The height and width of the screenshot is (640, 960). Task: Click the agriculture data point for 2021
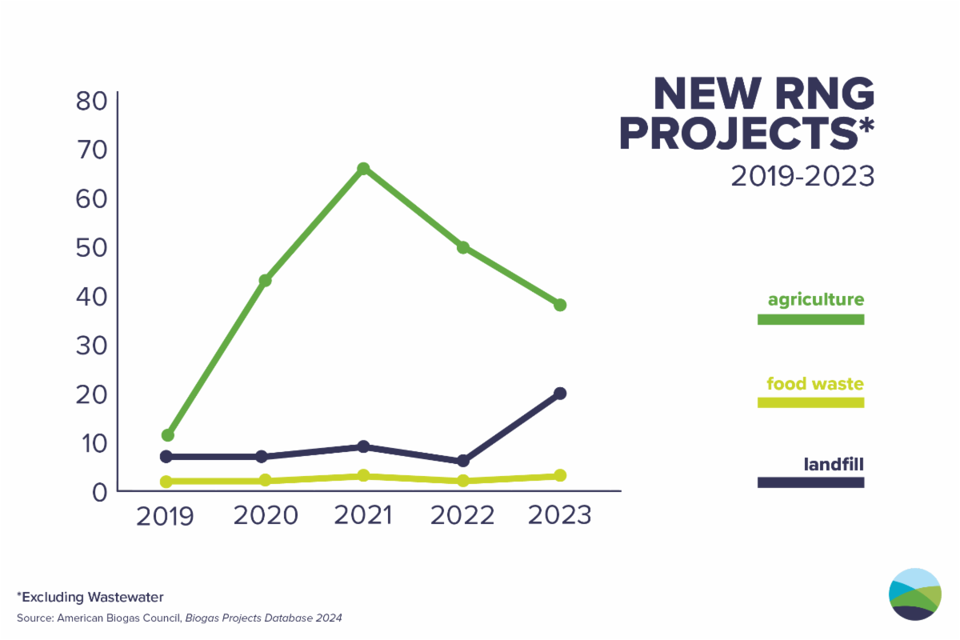(363, 169)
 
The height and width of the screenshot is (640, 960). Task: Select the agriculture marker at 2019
(167, 435)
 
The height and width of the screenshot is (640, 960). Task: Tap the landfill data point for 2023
(560, 394)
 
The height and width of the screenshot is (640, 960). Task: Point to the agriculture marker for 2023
(560, 305)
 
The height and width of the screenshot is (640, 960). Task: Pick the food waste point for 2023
(560, 475)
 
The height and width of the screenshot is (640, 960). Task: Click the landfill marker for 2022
(462, 461)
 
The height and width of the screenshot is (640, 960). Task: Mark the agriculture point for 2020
(265, 281)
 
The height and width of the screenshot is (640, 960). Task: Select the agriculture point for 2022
(462, 247)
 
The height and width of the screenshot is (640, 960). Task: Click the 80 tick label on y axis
(92, 101)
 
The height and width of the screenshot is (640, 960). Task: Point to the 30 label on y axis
(92, 346)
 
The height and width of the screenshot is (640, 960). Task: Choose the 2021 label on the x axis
(363, 515)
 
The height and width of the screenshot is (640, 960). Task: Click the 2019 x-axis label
(166, 515)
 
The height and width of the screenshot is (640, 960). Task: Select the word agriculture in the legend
(816, 300)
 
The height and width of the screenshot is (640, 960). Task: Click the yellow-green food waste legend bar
(810, 402)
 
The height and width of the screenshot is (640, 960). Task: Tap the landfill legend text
(834, 464)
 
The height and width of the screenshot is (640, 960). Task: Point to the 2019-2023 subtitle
(802, 176)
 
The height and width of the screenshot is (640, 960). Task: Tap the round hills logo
(915, 594)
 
